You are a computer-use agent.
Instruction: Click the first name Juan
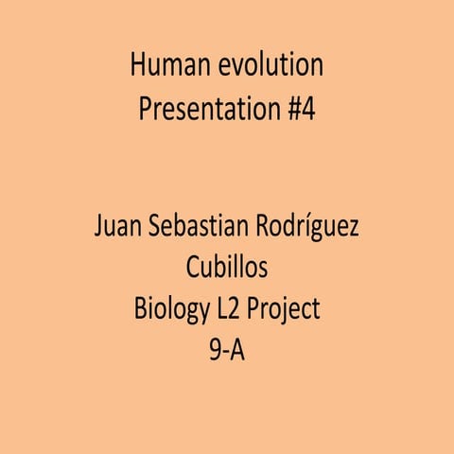tap(118, 228)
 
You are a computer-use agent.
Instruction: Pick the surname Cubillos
tap(227, 269)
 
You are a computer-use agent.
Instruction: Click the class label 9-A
tap(227, 350)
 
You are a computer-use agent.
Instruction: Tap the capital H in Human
tap(138, 65)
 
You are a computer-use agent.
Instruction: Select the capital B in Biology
tap(140, 309)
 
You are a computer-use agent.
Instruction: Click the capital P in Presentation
tap(145, 111)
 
